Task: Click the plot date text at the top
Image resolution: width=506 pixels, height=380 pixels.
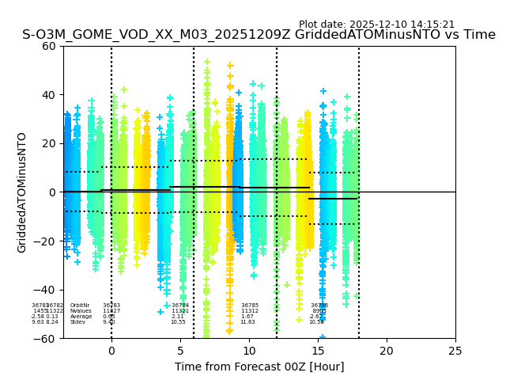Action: click(376, 25)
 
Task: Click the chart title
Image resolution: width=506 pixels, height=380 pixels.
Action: click(259, 36)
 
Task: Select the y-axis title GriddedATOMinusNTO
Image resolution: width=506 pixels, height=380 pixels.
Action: click(22, 192)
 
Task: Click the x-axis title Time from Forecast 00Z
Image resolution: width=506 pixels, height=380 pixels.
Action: click(259, 367)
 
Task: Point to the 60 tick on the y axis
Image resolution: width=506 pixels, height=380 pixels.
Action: click(49, 46)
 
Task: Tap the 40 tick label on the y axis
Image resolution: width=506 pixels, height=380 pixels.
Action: click(49, 95)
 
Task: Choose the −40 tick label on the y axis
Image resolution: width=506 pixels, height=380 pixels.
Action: click(46, 290)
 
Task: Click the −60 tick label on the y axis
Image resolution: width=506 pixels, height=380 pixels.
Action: click(46, 339)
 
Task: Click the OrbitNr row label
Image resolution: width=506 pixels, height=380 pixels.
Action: click(80, 306)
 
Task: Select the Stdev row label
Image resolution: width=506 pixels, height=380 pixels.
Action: click(77, 322)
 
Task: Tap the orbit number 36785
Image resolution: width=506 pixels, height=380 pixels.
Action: click(250, 306)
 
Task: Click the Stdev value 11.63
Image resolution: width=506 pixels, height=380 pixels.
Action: click(247, 322)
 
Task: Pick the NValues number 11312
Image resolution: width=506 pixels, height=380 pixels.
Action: click(250, 311)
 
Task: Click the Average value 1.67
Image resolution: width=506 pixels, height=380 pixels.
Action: click(247, 317)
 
